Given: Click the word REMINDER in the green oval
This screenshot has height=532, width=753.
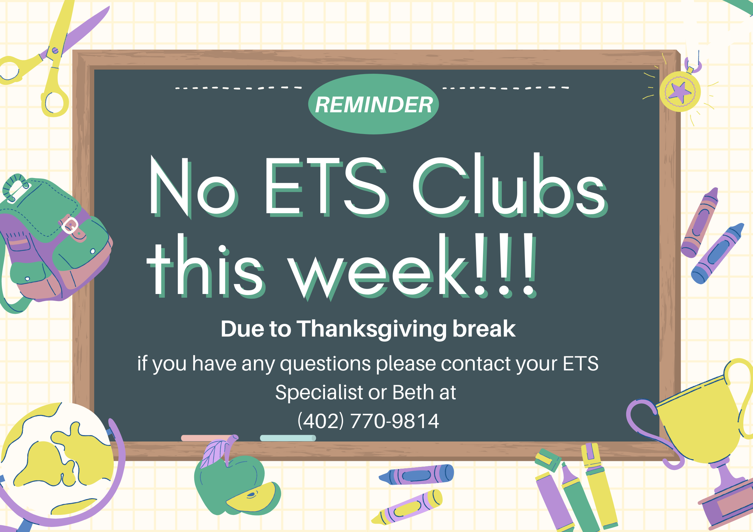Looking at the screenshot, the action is (x=374, y=105).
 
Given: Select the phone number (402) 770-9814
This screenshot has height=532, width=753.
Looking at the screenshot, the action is (x=368, y=421).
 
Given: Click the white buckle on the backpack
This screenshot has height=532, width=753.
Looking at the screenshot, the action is (x=70, y=225).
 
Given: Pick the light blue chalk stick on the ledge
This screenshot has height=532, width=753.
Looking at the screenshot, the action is (x=288, y=438).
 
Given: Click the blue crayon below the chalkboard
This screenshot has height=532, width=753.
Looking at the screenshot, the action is (x=416, y=474).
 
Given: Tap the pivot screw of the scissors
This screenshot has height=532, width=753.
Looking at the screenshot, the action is (x=55, y=51).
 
